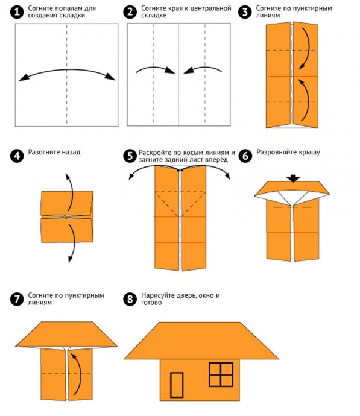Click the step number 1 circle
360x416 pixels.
pos(17,12)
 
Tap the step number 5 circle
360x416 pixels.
pos(130,156)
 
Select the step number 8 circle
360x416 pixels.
pos(130,299)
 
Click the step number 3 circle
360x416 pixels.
pos(245,12)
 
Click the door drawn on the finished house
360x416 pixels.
pos(177,385)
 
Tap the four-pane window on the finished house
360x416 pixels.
pos(221,374)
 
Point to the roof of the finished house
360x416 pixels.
pos(201,341)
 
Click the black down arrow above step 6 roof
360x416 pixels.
pos(293,178)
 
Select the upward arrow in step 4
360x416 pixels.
pos(71,192)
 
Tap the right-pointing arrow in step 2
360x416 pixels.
pos(157,69)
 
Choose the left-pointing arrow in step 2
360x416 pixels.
pos(202,69)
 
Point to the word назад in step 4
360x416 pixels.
pos(71,153)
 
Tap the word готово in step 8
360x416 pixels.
pos(151,303)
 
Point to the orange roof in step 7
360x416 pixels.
pos(66,334)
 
